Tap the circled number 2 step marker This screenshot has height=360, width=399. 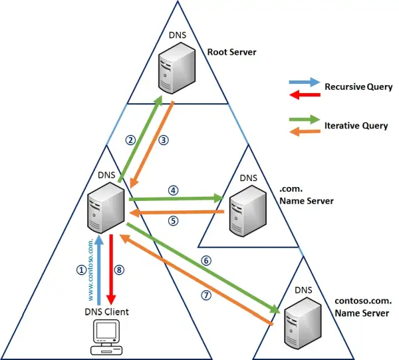coord(131,140)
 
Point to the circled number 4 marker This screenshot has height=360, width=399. coord(174,190)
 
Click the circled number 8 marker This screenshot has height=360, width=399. coord(120,270)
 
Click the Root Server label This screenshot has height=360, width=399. coord(231,51)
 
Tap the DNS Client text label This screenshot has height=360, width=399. coord(106,311)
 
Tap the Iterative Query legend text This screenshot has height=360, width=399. coord(356,125)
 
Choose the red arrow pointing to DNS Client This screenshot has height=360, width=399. coord(112,266)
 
